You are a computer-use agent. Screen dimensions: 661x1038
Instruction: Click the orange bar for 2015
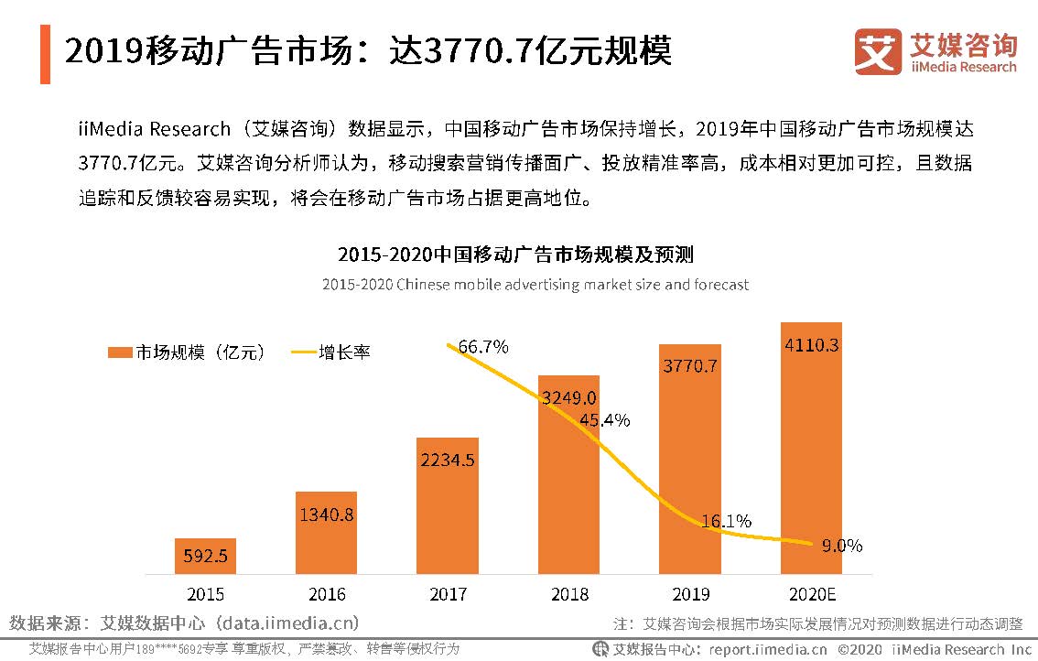coord(205,556)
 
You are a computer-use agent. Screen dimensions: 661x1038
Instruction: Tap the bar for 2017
coord(447,505)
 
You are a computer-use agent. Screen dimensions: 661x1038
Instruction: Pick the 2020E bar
coord(811,448)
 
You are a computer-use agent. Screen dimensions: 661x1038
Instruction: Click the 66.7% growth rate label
coord(483,347)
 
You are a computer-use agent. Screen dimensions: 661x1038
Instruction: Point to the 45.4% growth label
coord(604,420)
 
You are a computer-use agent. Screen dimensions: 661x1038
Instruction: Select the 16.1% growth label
coord(726,521)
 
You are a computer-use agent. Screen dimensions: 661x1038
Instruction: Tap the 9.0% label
coord(841,546)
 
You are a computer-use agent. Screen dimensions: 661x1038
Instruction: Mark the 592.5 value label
coord(205,556)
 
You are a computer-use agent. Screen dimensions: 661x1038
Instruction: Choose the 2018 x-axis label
coord(569,594)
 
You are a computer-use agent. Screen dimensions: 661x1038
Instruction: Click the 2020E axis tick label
coord(812,594)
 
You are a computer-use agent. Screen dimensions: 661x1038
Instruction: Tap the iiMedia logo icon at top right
coord(878,51)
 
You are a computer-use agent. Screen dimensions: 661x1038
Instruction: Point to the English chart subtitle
coord(535,285)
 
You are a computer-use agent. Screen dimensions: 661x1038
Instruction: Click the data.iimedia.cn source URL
coord(287,623)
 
